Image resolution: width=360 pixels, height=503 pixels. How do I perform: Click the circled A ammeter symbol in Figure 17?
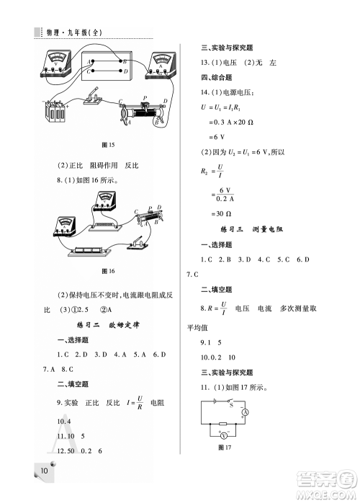tap(245, 412)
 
